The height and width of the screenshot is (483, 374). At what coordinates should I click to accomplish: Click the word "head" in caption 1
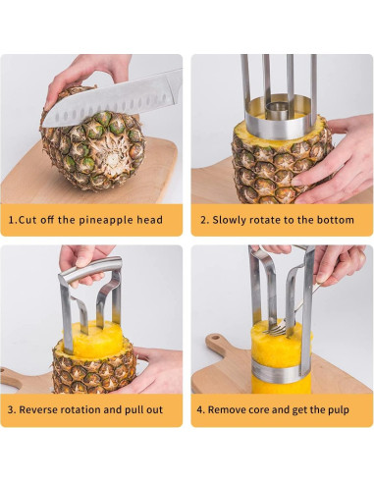(148, 220)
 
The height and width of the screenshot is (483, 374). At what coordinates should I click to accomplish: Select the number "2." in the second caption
(205, 220)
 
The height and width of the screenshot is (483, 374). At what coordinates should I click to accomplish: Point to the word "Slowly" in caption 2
(235, 220)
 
